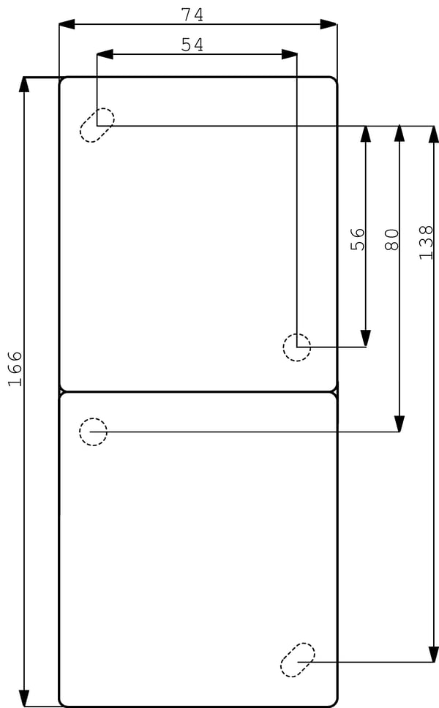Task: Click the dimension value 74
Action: click(192, 15)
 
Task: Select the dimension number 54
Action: click(192, 45)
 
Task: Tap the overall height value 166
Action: click(15, 369)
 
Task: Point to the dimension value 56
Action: click(357, 239)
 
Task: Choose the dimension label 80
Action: click(391, 239)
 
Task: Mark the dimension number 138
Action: click(426, 243)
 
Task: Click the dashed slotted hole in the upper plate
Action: click(97, 125)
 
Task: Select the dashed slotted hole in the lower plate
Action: click(298, 660)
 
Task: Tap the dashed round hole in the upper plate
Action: click(297, 347)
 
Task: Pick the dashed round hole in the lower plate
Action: click(93, 432)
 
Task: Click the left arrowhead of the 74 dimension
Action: click(67, 24)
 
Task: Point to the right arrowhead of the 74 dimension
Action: click(329, 24)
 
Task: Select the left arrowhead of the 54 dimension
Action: click(105, 54)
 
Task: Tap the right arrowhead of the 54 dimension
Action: click(289, 54)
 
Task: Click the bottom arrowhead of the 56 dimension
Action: click(365, 338)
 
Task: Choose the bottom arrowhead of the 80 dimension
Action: click(399, 423)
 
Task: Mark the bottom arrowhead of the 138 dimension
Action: click(434, 653)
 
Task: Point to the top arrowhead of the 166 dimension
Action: click(24, 84)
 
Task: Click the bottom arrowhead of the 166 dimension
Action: click(24, 698)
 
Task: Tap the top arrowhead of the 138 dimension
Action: click(434, 134)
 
